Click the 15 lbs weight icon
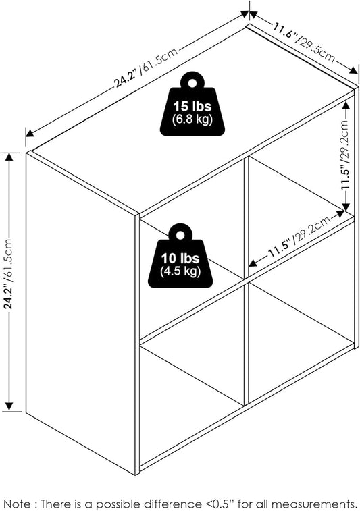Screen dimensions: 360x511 [192, 104]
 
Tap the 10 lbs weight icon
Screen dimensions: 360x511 [180, 256]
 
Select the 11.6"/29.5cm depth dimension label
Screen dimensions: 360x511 [304, 44]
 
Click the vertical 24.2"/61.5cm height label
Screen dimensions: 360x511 [9, 274]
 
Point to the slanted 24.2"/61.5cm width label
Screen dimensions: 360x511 [146, 68]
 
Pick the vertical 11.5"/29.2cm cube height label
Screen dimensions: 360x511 [346, 154]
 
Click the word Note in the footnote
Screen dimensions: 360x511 [18, 504]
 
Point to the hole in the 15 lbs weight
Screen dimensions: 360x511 [192, 83]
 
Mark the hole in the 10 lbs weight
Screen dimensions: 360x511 [180, 235]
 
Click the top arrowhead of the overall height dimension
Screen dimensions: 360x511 [9, 157]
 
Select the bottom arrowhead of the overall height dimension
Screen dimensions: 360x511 [9, 406]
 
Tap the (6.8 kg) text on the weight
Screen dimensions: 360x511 [192, 119]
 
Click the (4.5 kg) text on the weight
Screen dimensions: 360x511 [180, 271]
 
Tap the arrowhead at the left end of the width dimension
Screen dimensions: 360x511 [30, 133]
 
